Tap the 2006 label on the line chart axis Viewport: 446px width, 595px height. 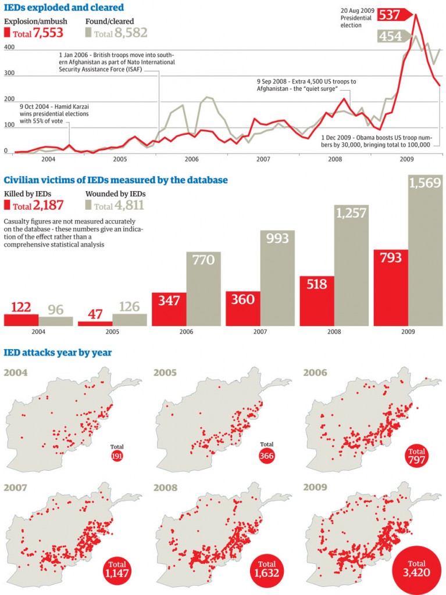coord(191,159)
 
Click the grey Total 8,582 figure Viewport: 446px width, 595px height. coord(120,34)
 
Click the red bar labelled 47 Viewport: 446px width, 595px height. coord(94,323)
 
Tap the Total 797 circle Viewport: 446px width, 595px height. coord(416,457)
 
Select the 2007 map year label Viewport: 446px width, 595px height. coord(17,487)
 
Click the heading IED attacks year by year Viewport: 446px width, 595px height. coord(58,353)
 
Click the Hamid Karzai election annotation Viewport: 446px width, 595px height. coord(47,114)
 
